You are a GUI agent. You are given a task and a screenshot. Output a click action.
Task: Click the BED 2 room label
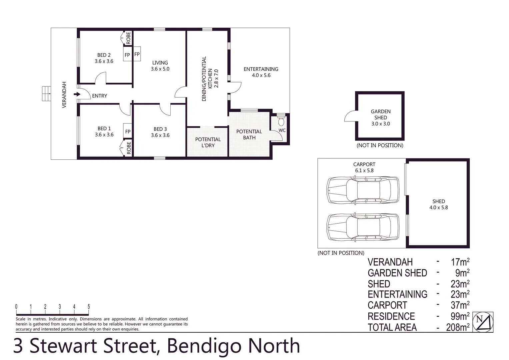(x=104, y=58)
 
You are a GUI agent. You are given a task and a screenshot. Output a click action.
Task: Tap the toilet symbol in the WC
(x=281, y=121)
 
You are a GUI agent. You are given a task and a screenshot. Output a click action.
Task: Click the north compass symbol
(x=483, y=322)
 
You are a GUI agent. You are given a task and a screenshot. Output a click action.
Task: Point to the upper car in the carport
(x=363, y=190)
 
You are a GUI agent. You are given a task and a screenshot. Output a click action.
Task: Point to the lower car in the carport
(x=363, y=227)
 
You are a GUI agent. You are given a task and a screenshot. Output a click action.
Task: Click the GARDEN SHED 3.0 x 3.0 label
(x=380, y=117)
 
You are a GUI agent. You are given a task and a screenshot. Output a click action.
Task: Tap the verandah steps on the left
(x=46, y=94)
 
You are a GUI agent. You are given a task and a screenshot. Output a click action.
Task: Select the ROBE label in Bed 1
(x=129, y=148)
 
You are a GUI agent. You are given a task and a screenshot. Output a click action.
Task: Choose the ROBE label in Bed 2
(x=128, y=38)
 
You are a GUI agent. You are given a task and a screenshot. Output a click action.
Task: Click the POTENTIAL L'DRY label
(x=208, y=142)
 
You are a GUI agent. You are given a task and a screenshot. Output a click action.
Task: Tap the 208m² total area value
(x=458, y=327)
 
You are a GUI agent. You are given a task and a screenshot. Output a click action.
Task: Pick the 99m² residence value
(x=460, y=316)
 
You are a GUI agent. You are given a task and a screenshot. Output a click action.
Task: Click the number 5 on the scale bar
(x=89, y=307)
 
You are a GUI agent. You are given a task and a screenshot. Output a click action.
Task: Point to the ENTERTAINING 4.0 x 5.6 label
(x=261, y=72)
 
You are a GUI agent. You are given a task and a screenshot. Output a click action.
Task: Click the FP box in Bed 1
(x=128, y=132)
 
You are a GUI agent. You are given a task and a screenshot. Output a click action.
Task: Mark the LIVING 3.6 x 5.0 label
(x=160, y=66)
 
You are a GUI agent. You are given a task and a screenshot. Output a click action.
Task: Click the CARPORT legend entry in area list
(x=387, y=305)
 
